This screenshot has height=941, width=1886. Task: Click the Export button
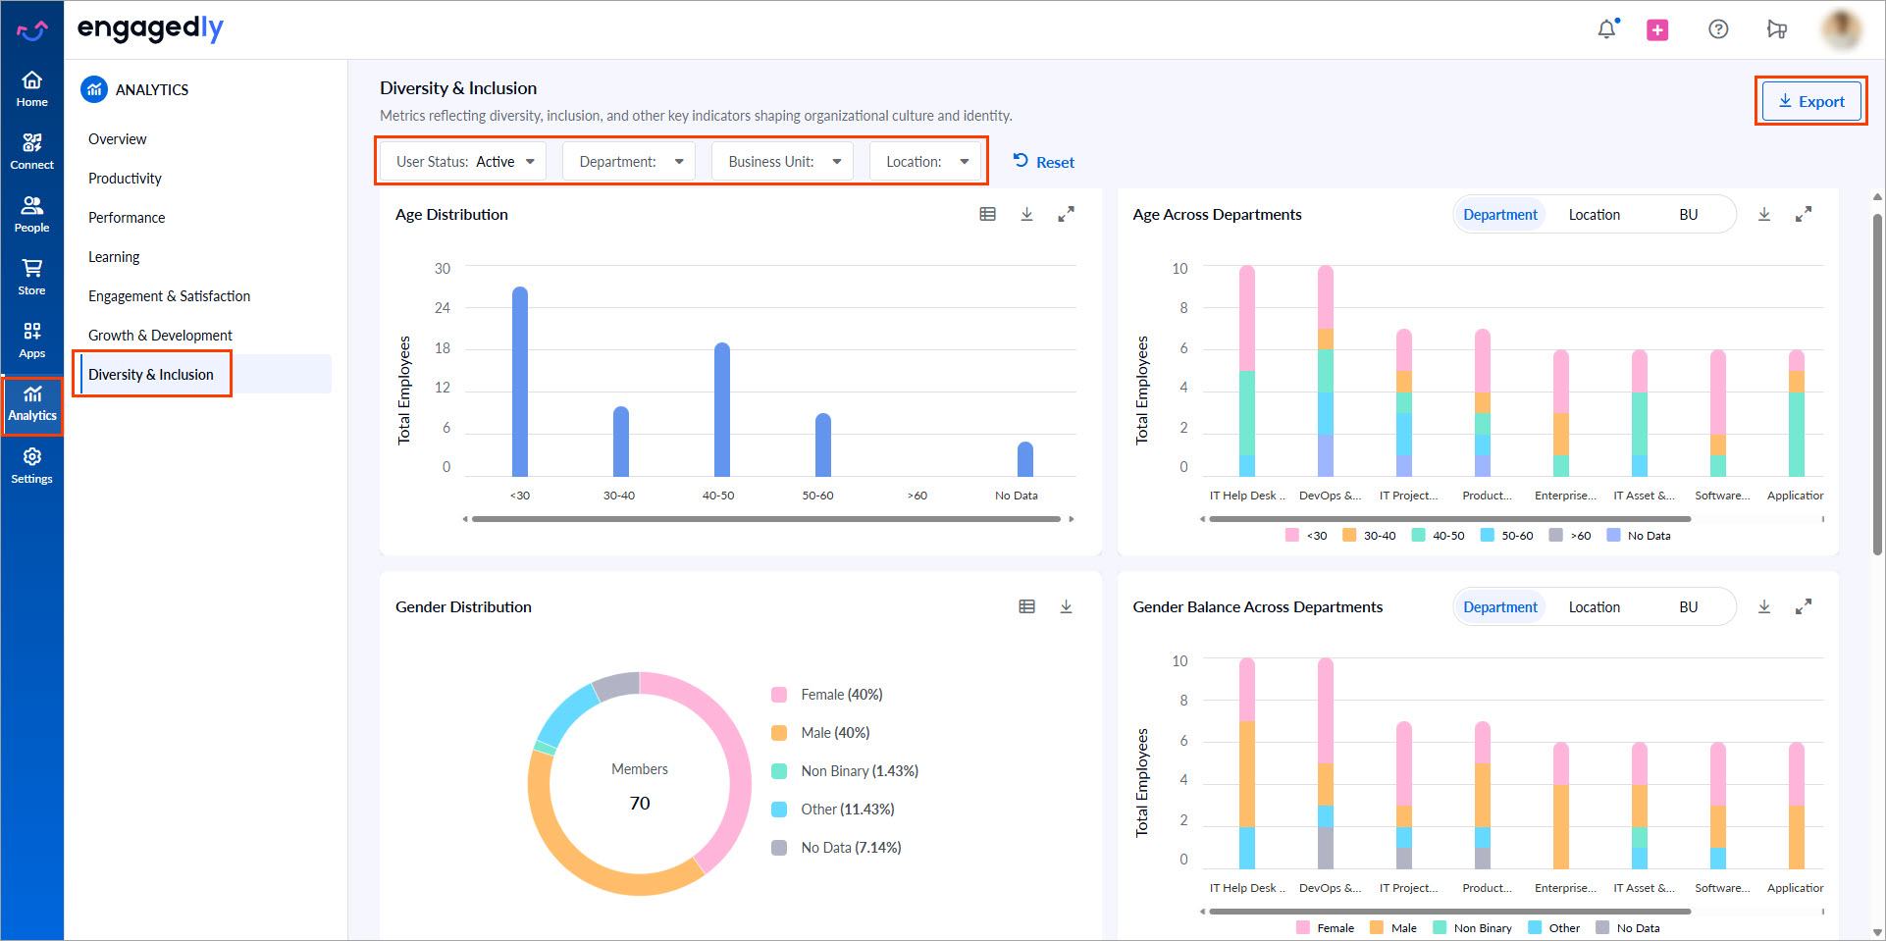click(1811, 102)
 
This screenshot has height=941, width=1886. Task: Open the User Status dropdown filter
click(465, 162)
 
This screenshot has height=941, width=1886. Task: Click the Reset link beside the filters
click(1044, 162)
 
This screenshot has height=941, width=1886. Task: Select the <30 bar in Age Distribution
click(520, 383)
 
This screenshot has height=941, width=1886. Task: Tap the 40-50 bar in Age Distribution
click(722, 410)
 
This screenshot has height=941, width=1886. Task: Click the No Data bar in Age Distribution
click(1025, 459)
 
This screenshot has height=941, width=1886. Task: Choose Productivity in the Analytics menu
click(125, 179)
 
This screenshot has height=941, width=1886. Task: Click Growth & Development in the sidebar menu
click(160, 336)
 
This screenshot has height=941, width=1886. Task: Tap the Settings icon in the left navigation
click(32, 465)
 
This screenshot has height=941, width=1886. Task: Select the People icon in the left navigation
click(32, 213)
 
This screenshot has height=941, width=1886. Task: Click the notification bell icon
click(1606, 29)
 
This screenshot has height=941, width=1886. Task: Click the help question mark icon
click(1718, 29)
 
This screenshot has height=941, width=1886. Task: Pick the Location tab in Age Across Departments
click(1594, 215)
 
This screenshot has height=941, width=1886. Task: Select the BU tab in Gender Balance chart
click(1688, 607)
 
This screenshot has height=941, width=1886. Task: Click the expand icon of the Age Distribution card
click(1066, 214)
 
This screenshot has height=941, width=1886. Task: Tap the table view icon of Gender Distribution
click(1026, 606)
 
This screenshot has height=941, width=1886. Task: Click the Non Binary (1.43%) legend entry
click(859, 771)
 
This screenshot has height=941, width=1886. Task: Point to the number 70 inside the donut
click(640, 804)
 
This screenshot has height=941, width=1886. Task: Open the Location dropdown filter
click(927, 162)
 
